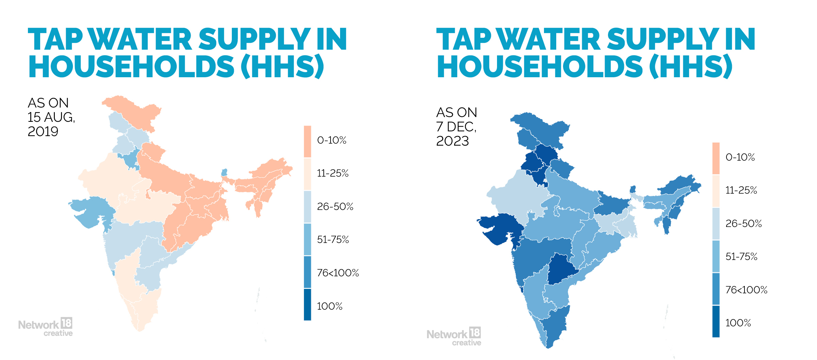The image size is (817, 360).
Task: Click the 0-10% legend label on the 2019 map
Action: click(x=332, y=140)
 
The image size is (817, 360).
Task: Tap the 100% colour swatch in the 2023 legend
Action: click(x=716, y=322)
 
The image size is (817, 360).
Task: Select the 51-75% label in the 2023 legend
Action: click(x=741, y=257)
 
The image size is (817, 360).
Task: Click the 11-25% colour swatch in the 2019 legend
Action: click(x=307, y=174)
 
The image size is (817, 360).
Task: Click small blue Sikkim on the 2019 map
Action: click(x=224, y=173)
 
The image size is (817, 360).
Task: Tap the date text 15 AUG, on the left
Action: click(x=51, y=117)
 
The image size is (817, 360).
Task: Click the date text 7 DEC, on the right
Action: click(x=456, y=127)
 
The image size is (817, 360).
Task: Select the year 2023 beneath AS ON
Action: click(x=452, y=141)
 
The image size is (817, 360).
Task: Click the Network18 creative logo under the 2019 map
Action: click(x=45, y=327)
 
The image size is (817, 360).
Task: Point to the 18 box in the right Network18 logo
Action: click(x=475, y=332)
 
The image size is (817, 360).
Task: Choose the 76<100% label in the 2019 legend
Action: click(x=338, y=273)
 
